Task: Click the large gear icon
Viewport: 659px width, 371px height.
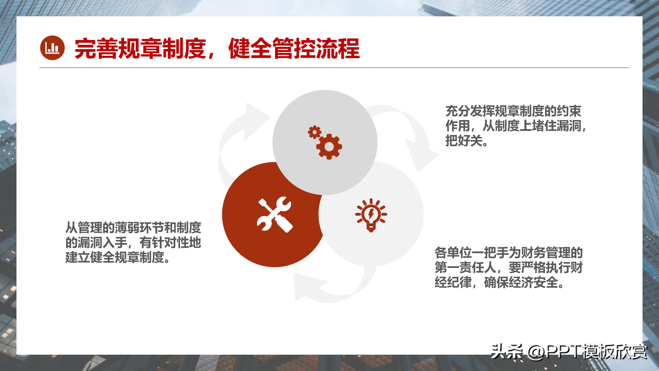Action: (x=329, y=147)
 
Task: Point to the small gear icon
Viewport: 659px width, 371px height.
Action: (x=314, y=132)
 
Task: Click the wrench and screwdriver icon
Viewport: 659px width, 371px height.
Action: (x=275, y=215)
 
